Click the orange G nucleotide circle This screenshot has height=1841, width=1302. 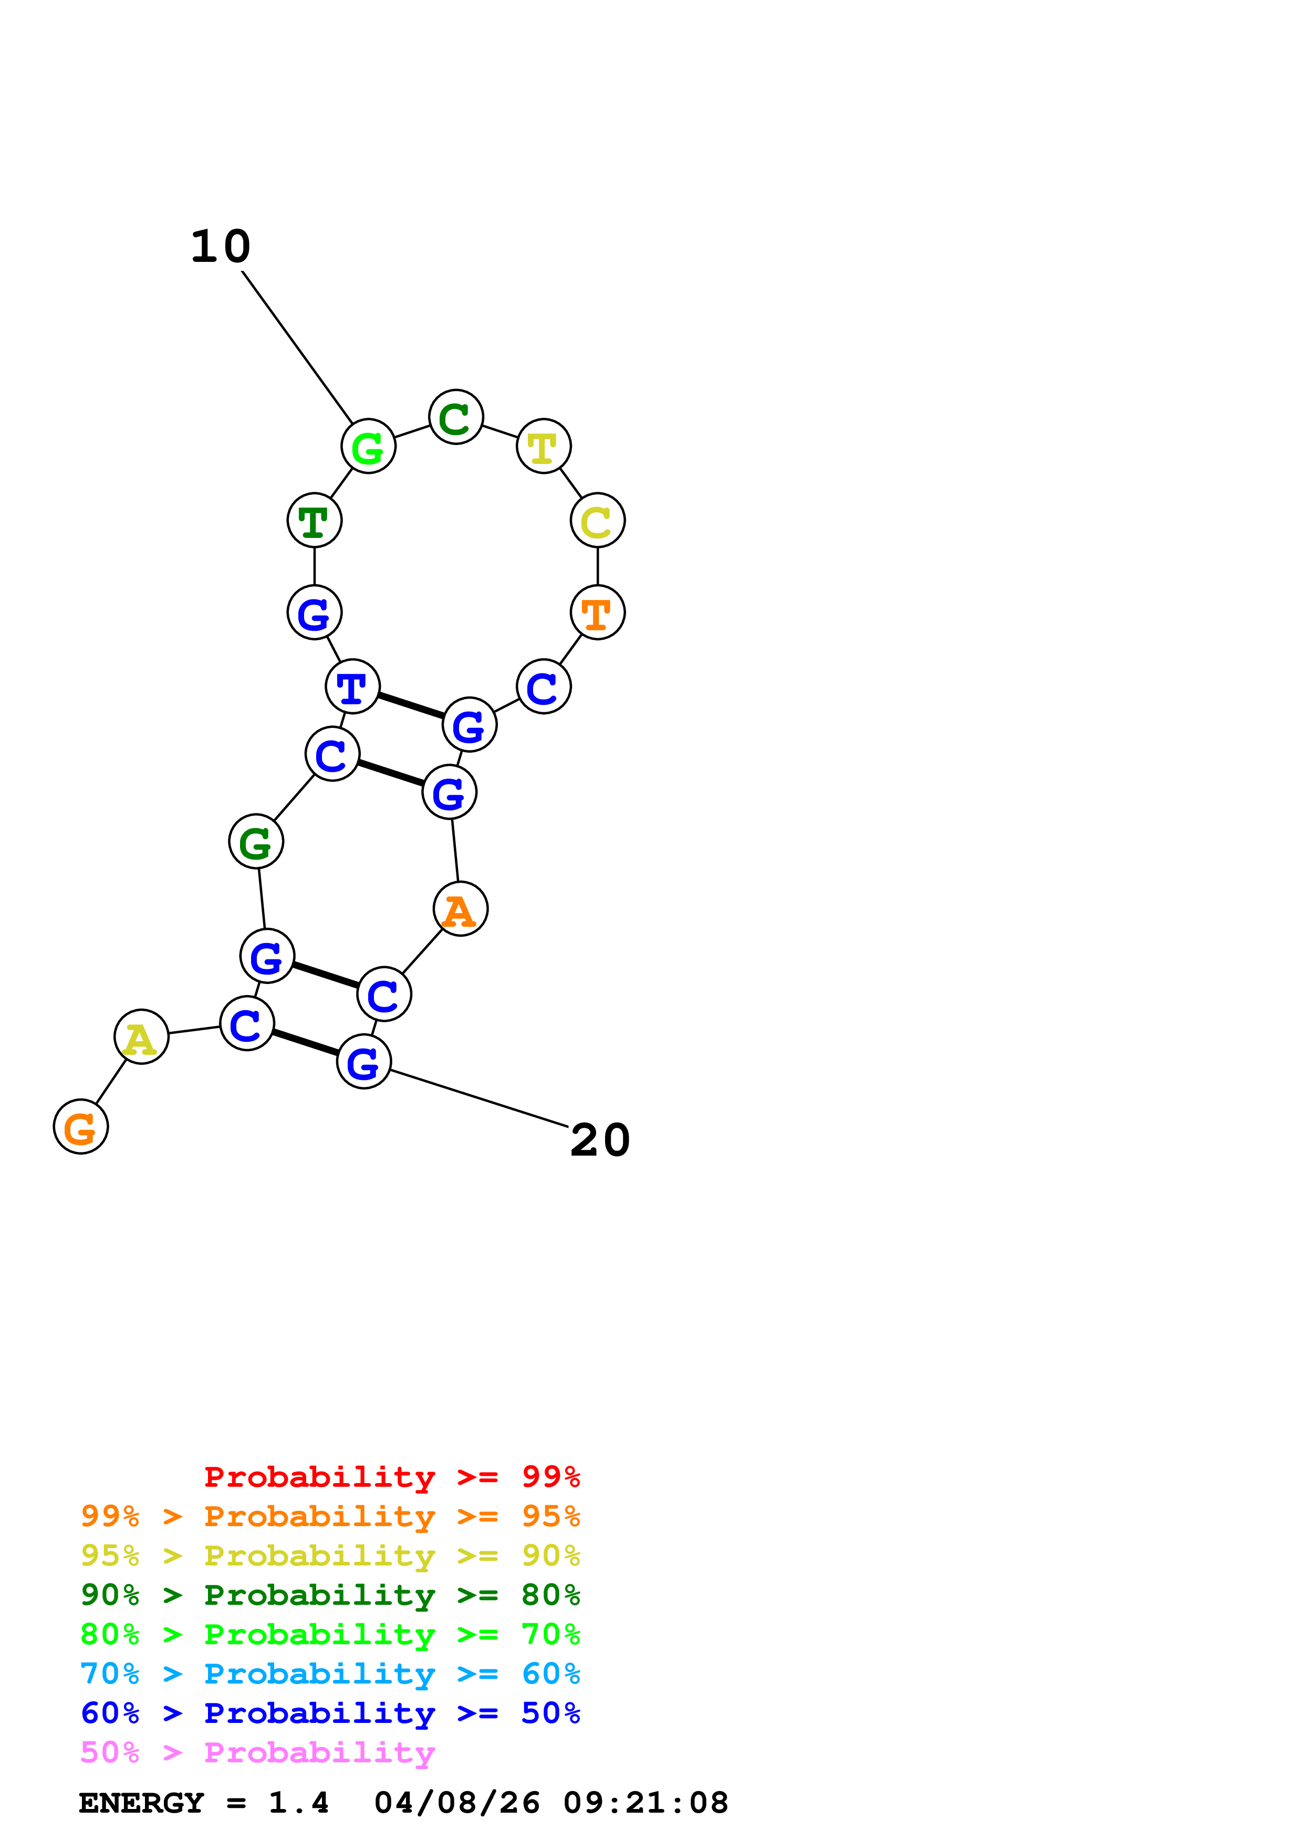80,1127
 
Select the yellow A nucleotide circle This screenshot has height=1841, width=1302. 141,1037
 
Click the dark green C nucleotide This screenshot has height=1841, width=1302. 456,417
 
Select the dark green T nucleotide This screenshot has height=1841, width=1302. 315,521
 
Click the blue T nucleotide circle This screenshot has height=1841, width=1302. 352,686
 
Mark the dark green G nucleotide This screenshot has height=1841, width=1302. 256,841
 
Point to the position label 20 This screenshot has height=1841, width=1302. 600,1140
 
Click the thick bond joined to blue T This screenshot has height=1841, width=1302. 411,706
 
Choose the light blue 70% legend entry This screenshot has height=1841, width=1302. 330,1674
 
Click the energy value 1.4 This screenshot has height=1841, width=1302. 298,1803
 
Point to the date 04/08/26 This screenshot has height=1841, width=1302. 456,1803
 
